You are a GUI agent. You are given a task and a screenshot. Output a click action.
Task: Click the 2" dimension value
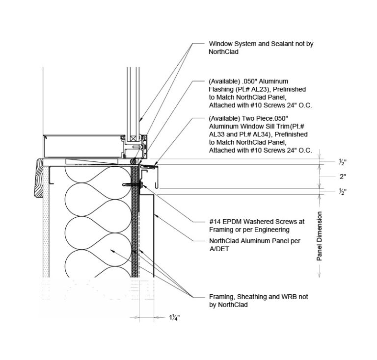point(343,177)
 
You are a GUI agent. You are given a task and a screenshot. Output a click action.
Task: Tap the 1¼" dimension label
point(175,318)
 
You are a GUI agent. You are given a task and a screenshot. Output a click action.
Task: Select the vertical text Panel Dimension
point(319,236)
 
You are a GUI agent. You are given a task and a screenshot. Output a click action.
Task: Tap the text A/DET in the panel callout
point(219,249)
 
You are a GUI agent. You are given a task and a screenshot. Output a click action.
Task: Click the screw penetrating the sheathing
point(133,185)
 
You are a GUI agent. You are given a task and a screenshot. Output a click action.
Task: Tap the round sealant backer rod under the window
point(132,161)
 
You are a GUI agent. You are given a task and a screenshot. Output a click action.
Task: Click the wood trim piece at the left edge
point(39,178)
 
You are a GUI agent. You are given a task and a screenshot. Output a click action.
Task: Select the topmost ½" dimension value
point(343,162)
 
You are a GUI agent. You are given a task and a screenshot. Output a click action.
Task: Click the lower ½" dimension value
point(343,192)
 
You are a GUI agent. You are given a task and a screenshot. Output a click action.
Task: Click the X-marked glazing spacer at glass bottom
point(133,139)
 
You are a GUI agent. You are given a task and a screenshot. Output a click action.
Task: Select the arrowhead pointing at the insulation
point(112,251)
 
